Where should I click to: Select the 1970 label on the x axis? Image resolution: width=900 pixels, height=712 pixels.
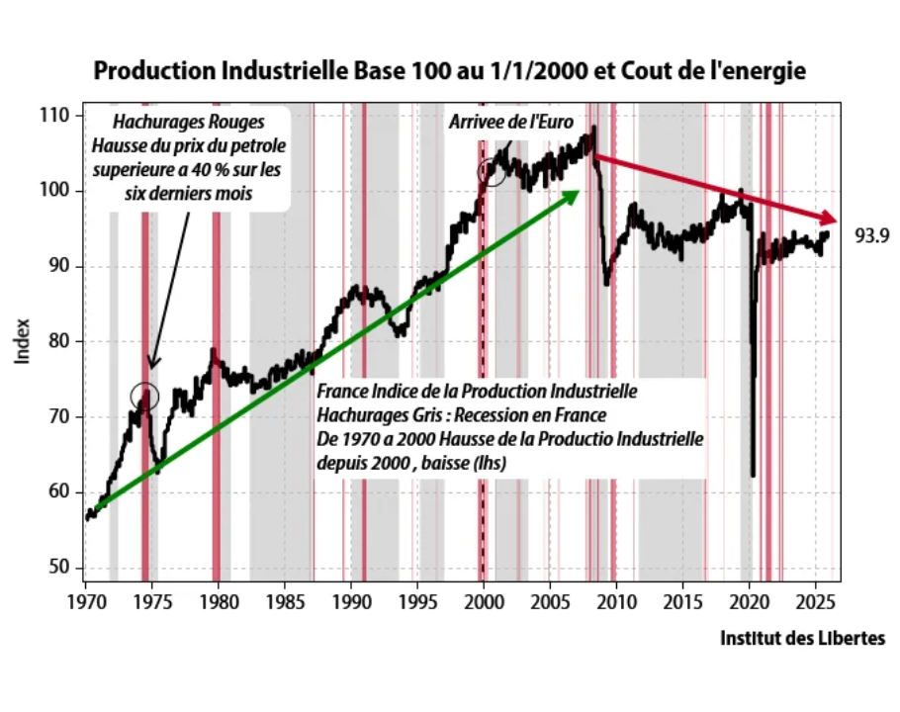coord(85,602)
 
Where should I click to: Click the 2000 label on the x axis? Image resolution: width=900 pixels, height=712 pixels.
coord(484,602)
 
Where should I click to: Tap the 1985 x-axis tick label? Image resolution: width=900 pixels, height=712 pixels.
coord(285,602)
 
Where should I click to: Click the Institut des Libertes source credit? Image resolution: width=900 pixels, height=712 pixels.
coord(803,639)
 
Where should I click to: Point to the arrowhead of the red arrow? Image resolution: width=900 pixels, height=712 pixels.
coord(831,218)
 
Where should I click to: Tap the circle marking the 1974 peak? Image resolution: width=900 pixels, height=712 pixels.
coord(144,396)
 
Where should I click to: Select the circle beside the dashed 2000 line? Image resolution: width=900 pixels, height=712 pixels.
coord(493,173)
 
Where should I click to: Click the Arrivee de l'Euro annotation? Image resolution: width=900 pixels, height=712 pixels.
coord(495,123)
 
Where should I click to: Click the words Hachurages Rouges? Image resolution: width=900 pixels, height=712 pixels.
coord(188,124)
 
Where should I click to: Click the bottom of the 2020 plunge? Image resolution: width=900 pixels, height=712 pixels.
coord(754,475)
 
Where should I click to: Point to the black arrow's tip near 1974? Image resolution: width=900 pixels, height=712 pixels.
coord(150,368)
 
